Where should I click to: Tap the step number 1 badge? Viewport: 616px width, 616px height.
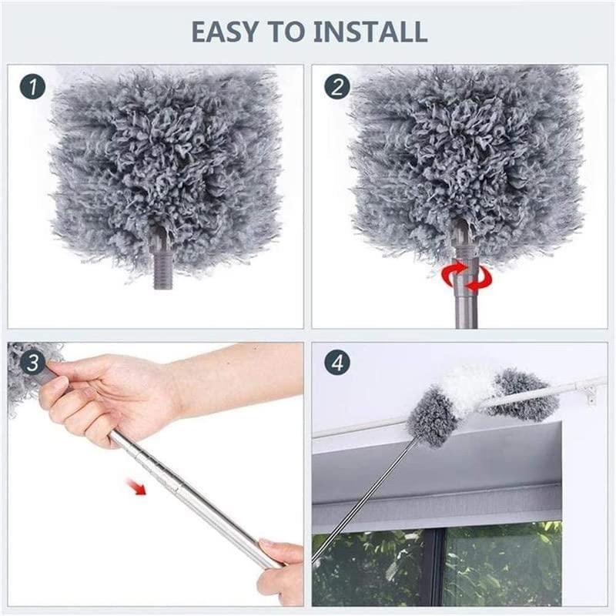[31, 86]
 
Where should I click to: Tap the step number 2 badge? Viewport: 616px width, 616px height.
[336, 86]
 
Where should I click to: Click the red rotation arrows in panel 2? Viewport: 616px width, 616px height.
[460, 276]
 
